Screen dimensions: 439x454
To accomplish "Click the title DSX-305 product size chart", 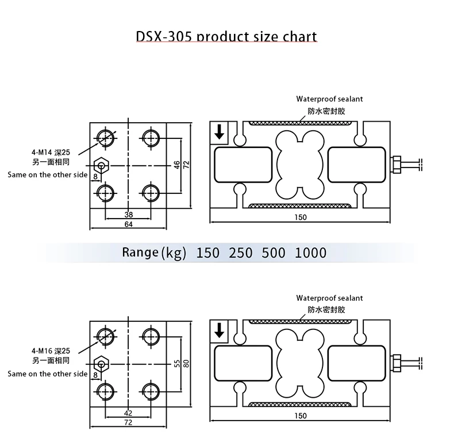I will coord(226,37).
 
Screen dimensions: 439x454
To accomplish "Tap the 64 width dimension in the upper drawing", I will coord(128,224).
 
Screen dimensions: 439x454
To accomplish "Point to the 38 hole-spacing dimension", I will coord(128,215).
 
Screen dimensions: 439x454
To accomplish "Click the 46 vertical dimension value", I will coord(178,164).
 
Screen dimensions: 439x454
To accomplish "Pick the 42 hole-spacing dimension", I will coord(128,413).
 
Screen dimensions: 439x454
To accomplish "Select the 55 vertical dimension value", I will coord(177,363).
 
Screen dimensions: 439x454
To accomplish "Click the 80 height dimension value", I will coord(186,363).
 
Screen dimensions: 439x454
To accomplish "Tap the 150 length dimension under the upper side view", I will coord(300,217).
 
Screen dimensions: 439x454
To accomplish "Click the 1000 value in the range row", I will coord(310,252).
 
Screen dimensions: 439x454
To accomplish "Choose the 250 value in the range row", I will coord(240,252).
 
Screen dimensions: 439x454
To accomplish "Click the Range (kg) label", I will coord(154,252).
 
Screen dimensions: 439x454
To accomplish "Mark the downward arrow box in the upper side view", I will coord(219,133).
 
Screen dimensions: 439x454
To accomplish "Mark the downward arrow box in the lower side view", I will coord(219,331).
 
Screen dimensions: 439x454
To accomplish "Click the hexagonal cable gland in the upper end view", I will coord(101,166).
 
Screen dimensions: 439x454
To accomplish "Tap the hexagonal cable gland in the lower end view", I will coord(101,363).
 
